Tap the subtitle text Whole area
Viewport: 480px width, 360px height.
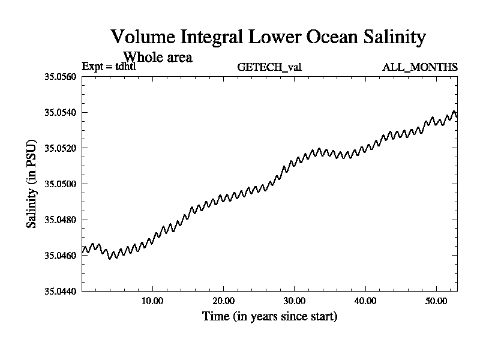click(157, 58)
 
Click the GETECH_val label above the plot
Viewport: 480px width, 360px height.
click(269, 67)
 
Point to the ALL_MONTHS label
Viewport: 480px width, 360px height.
click(420, 67)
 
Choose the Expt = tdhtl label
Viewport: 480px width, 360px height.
click(113, 67)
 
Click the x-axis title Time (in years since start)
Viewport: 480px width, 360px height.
click(269, 316)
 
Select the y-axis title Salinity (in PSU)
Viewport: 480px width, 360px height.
click(31, 184)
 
